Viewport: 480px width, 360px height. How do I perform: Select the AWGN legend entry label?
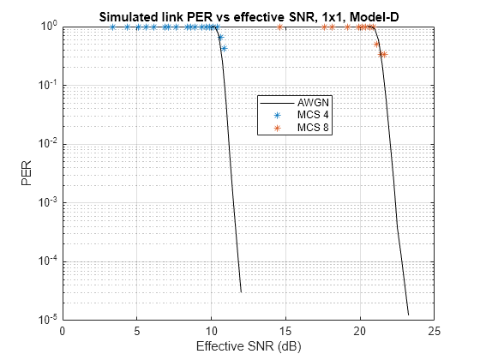pyautogui.click(x=313, y=103)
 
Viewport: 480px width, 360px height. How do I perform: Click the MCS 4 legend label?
pyautogui.click(x=313, y=115)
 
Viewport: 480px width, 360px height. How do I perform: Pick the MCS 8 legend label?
pyautogui.click(x=313, y=127)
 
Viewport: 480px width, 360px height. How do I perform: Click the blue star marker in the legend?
pyautogui.click(x=278, y=116)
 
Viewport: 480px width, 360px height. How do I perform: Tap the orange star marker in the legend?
pyautogui.click(x=278, y=128)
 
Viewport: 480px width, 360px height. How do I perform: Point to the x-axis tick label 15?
pyautogui.click(x=286, y=331)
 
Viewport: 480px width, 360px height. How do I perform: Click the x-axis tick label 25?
pyautogui.click(x=435, y=331)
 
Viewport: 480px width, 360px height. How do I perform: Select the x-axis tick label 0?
pyautogui.click(x=63, y=331)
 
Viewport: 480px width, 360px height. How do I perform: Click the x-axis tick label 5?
pyautogui.click(x=137, y=331)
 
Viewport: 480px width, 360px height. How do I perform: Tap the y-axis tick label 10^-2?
pyautogui.click(x=48, y=143)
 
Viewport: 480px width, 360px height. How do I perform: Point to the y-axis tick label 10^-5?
pyautogui.click(x=48, y=319)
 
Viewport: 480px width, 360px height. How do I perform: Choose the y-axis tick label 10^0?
pyautogui.click(x=49, y=26)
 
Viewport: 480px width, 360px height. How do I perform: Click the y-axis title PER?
pyautogui.click(x=27, y=173)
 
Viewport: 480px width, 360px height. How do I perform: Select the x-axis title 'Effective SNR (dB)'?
pyautogui.click(x=249, y=346)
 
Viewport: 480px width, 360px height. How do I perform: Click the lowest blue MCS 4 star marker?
pyautogui.click(x=225, y=48)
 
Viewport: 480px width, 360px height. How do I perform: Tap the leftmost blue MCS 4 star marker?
pyautogui.click(x=112, y=27)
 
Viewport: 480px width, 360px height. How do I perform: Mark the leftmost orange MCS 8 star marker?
pyautogui.click(x=279, y=27)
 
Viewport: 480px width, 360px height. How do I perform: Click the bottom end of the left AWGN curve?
pyautogui.click(x=241, y=292)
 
